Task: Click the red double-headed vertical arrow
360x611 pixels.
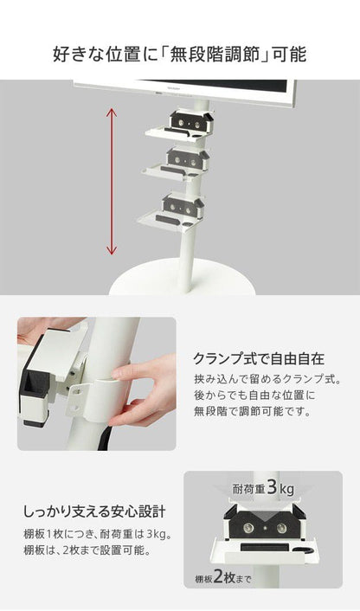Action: click(x=112, y=182)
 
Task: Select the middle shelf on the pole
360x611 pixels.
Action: click(x=176, y=164)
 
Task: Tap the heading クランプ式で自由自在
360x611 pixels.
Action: click(x=259, y=359)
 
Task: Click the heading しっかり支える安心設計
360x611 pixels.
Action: click(x=94, y=512)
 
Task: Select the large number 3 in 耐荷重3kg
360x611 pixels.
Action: click(x=273, y=487)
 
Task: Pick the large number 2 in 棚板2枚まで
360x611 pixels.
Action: click(x=218, y=577)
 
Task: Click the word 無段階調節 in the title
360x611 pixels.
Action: click(x=215, y=55)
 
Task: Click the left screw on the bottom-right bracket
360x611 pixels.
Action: click(x=248, y=527)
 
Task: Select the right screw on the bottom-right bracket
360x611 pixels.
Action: click(x=282, y=528)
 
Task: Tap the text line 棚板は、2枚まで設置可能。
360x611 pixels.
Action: click(x=87, y=550)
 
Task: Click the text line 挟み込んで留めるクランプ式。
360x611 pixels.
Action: click(x=267, y=379)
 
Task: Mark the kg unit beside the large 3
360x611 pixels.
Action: click(x=286, y=489)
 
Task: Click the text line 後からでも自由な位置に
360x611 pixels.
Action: click(x=254, y=396)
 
